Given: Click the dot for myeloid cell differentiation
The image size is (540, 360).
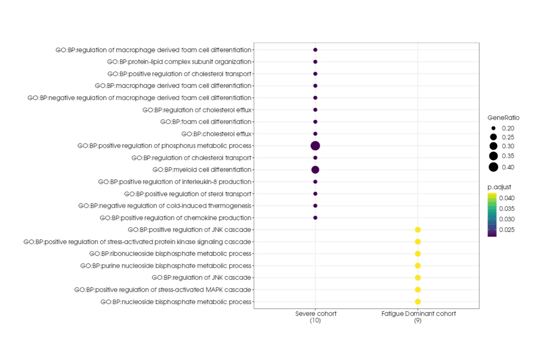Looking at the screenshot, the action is pos(315,170).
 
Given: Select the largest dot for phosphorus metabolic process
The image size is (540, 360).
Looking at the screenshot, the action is pos(315,146).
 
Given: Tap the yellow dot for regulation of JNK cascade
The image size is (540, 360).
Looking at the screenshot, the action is pos(418,278).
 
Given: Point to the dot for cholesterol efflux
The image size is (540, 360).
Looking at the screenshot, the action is pos(315,134).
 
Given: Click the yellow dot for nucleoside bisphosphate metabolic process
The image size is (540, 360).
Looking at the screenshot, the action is pos(418,301).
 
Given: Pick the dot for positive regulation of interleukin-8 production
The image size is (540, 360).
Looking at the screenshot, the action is pos(315,182).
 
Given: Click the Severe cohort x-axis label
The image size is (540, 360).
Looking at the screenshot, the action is pos(315,317).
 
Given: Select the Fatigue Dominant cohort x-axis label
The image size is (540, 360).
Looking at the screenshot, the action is pos(418,317).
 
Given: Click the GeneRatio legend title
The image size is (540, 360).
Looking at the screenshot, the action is pos(504,117).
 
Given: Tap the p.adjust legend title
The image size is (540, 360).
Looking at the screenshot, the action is pos(499,187).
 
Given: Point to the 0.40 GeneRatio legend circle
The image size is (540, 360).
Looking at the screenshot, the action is pos(494,167).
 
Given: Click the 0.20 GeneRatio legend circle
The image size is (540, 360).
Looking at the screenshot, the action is pos(494,128).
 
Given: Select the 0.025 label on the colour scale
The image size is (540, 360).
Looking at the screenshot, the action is pos(507,229).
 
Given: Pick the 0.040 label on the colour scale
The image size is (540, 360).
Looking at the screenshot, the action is pos(507,198).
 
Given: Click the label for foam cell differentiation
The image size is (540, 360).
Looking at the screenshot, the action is pos(206,122).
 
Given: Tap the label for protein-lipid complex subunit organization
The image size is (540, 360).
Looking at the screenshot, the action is pos(179,62).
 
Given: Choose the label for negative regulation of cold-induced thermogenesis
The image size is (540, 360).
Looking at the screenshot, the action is pos(165,206).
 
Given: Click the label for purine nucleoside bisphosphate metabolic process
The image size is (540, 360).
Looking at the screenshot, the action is pos(166,265).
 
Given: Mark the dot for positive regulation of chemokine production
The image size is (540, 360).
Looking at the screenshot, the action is pos(315,218).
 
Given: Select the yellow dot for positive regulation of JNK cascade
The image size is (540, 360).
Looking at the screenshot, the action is pos(418,230).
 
